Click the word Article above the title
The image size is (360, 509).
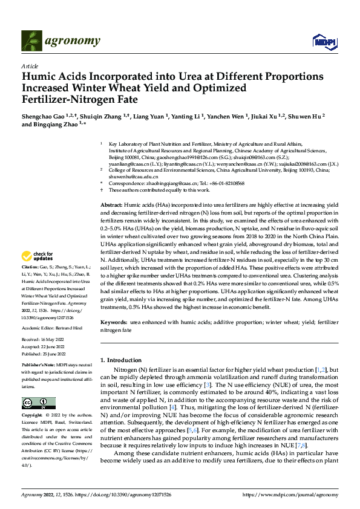[30, 66]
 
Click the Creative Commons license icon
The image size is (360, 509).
[39, 403]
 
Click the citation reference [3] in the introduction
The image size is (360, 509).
[208, 384]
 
